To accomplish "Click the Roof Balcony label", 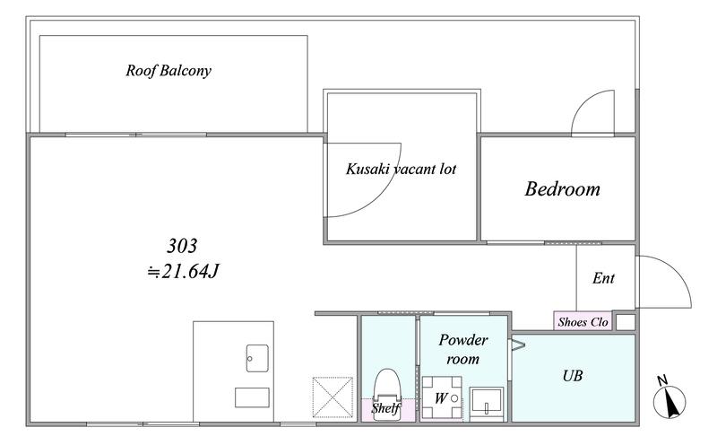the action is [x=168, y=71].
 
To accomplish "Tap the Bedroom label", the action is [x=562, y=188].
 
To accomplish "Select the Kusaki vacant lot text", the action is [x=401, y=169].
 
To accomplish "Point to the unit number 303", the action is [x=182, y=246].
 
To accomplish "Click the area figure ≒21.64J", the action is [x=183, y=272].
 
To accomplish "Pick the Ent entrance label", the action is [x=603, y=278].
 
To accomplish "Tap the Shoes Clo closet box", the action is [x=583, y=321].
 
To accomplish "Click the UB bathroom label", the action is [x=573, y=376].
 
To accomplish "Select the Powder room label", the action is [x=462, y=349].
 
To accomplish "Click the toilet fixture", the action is [x=387, y=395].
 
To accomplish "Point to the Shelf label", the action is [x=386, y=408].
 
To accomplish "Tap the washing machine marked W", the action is [x=441, y=397].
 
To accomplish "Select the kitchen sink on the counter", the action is [x=257, y=358].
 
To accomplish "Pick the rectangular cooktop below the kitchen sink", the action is [x=252, y=397].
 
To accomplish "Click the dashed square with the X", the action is [x=333, y=397].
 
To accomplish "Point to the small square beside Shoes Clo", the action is [x=626, y=321].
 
